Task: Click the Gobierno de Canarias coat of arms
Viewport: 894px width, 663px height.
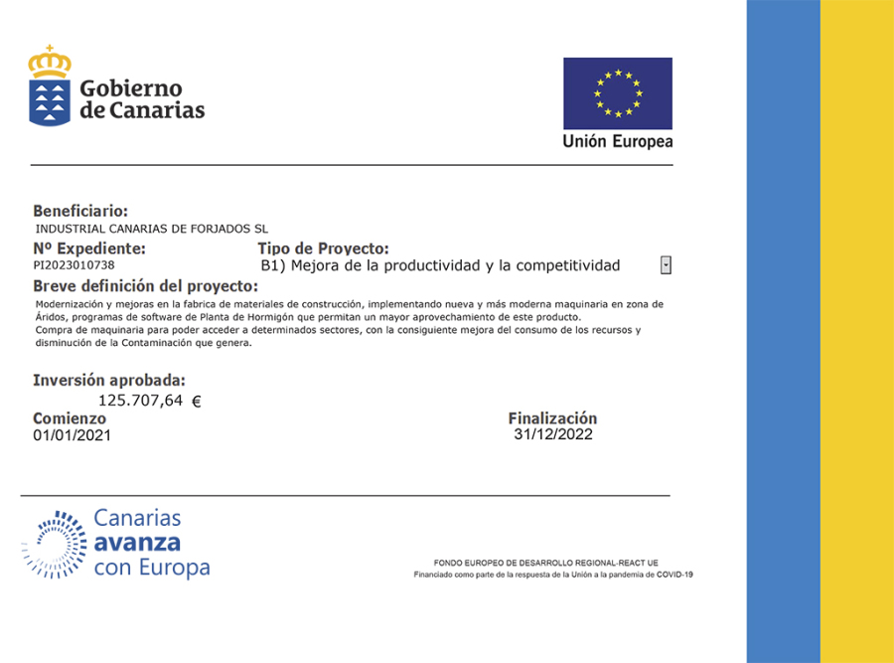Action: (x=50, y=85)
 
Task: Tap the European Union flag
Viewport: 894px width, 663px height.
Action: (x=617, y=93)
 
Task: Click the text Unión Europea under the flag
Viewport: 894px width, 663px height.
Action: (x=617, y=141)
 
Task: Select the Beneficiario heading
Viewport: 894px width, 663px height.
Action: (x=80, y=211)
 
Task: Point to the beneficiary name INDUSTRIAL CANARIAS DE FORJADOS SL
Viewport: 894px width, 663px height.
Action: (x=151, y=229)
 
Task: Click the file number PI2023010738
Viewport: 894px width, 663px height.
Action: (x=74, y=265)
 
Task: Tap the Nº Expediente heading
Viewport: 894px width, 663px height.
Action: (x=89, y=249)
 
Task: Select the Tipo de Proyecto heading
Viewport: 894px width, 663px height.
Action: (x=323, y=249)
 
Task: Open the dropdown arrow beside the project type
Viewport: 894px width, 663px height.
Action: (x=666, y=265)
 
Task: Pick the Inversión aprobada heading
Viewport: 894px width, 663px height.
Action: (x=109, y=380)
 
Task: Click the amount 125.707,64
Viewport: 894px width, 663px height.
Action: (x=141, y=401)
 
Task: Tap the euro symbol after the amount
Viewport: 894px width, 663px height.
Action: (x=196, y=402)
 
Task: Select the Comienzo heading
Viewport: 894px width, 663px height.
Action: (x=70, y=418)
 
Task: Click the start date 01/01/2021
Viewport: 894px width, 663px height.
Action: (x=73, y=435)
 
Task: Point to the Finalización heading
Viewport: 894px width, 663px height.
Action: (x=552, y=418)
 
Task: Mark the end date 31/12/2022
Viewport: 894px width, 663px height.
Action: (x=553, y=434)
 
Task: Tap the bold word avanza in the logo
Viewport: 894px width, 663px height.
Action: (x=137, y=543)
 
